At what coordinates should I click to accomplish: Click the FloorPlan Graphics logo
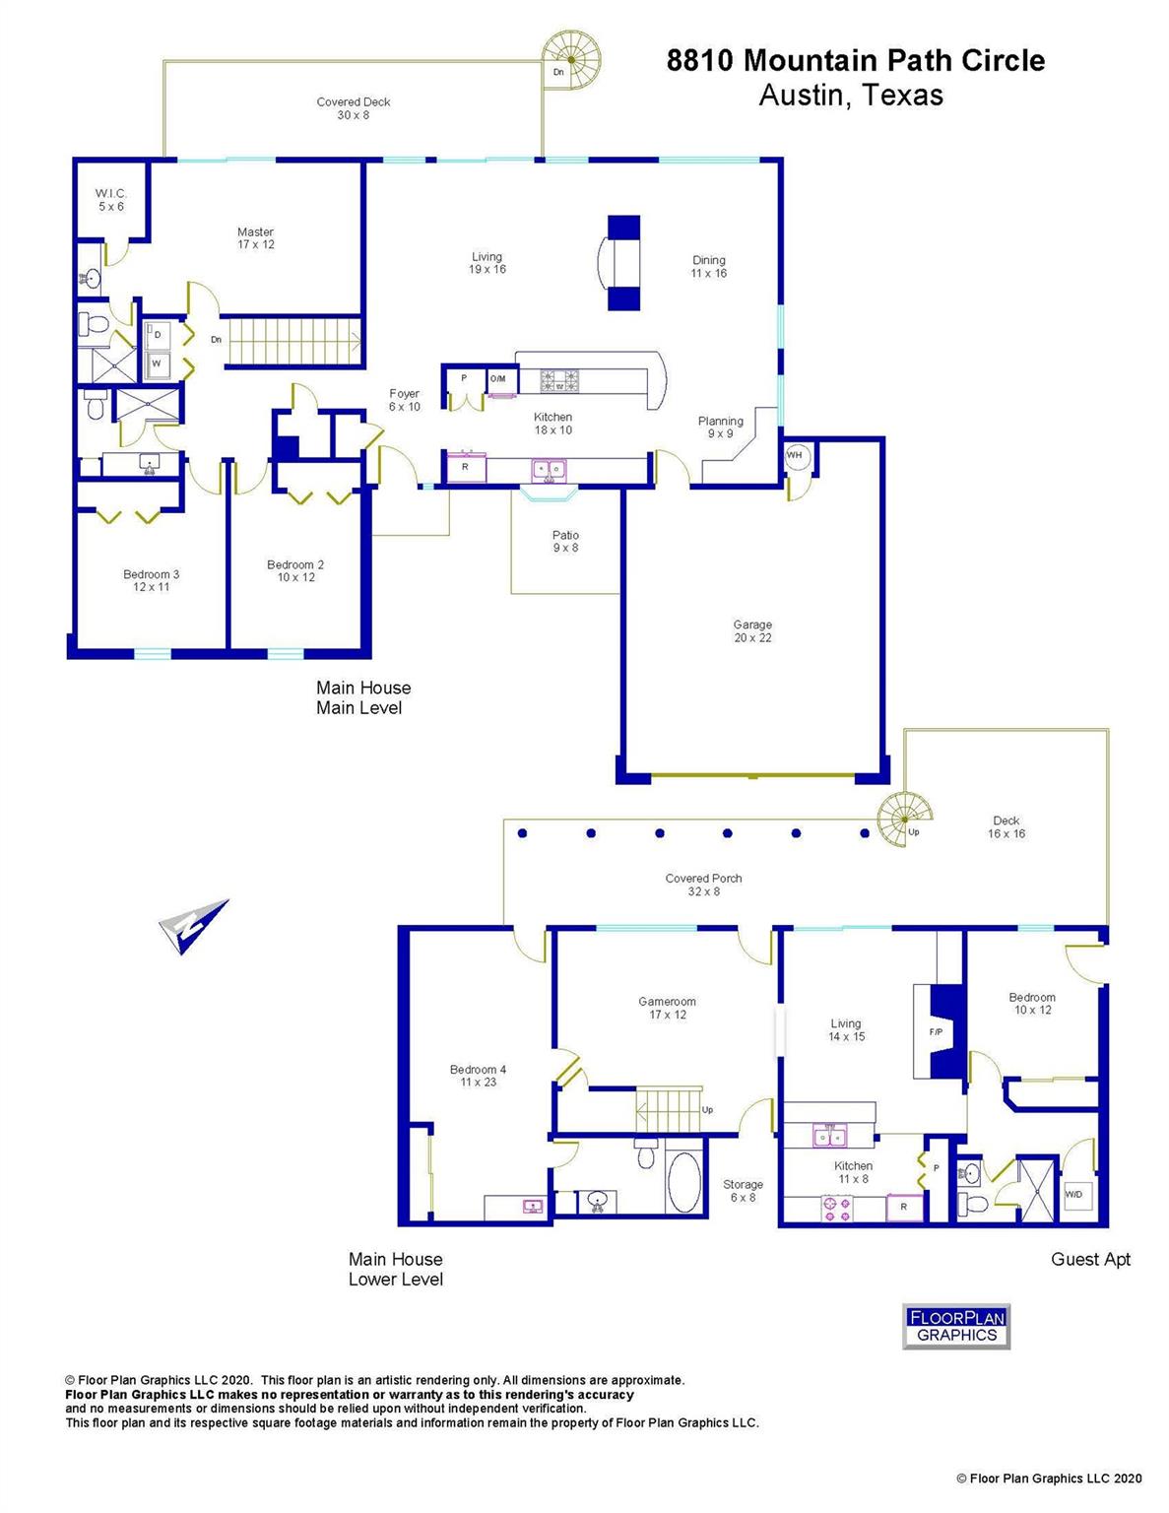point(956,1326)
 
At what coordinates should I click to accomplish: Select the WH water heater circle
point(796,456)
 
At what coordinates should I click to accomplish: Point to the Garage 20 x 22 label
point(752,631)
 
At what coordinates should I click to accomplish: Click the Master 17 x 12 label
point(255,238)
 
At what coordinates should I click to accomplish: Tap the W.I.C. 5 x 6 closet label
point(110,200)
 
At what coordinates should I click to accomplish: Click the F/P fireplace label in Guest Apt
point(936,1031)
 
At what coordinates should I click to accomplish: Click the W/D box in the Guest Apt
point(1073,1195)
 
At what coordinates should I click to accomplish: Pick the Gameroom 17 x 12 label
point(667,1008)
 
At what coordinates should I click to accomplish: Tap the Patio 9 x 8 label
point(565,542)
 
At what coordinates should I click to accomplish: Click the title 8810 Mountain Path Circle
point(855,61)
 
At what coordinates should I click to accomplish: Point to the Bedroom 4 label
point(478,1076)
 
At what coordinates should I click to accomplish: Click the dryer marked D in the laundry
point(158,336)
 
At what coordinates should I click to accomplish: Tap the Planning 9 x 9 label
point(720,427)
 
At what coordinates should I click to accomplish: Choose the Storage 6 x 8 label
point(743,1191)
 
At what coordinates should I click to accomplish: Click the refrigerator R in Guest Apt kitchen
point(904,1207)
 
